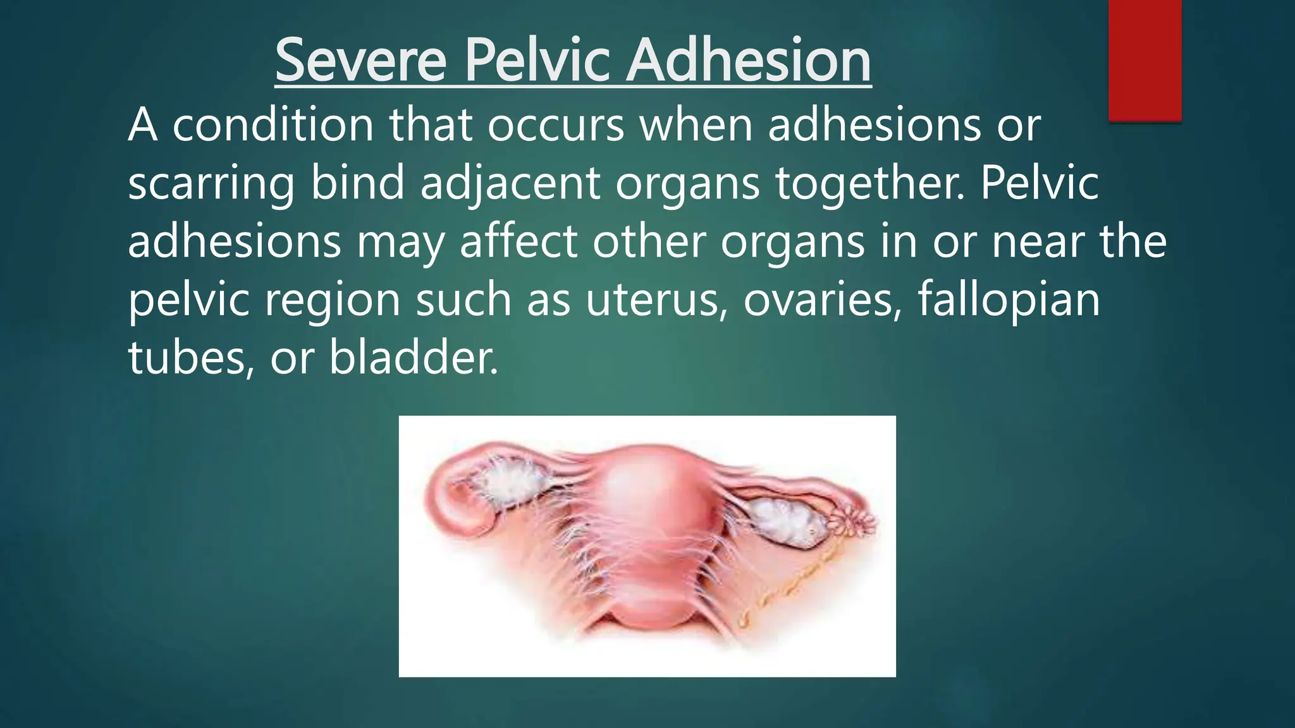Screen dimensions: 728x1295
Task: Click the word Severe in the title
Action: (361, 61)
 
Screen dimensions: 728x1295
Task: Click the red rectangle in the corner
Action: (1145, 60)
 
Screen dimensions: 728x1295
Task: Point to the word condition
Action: (273, 125)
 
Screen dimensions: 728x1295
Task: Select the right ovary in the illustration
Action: (787, 523)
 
